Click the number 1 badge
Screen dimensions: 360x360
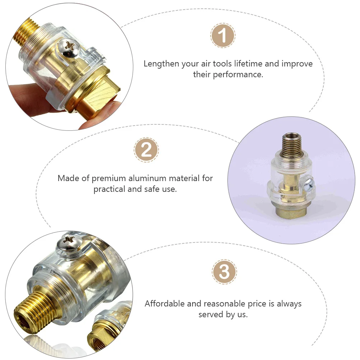pos(223,36)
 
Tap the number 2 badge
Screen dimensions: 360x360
pos(146,149)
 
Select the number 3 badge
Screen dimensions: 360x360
pos(224,272)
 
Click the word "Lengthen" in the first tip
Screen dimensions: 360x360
pos(161,64)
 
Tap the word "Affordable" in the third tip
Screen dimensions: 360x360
pos(164,304)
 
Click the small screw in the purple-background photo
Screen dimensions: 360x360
pos(309,185)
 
